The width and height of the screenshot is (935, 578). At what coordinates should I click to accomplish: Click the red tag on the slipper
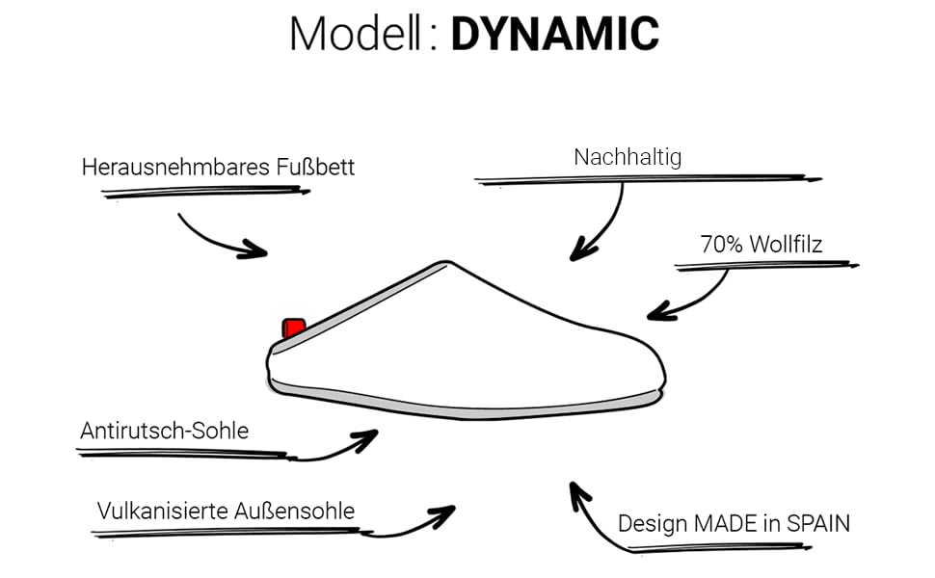click(x=293, y=328)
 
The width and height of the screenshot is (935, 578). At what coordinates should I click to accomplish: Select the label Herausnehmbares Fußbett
click(x=218, y=167)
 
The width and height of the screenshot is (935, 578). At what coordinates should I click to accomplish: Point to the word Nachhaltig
click(x=628, y=157)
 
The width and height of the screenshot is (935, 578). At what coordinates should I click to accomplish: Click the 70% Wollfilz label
click(x=761, y=245)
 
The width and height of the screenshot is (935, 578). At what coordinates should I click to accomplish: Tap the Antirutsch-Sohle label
click(x=164, y=431)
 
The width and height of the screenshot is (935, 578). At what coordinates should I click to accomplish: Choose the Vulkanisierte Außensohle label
click(x=226, y=511)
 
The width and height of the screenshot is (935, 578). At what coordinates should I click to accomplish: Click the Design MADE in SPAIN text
click(x=734, y=524)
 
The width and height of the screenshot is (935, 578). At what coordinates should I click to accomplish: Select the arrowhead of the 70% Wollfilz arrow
click(x=656, y=312)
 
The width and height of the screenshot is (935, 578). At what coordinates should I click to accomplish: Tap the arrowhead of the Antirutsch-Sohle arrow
click(x=367, y=439)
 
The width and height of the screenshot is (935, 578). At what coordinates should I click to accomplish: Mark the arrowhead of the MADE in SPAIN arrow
click(x=577, y=490)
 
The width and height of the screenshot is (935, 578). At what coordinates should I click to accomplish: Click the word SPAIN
click(x=818, y=524)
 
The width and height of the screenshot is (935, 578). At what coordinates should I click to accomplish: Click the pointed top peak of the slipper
click(x=444, y=261)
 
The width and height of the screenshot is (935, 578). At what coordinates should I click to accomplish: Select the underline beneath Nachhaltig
click(x=646, y=179)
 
